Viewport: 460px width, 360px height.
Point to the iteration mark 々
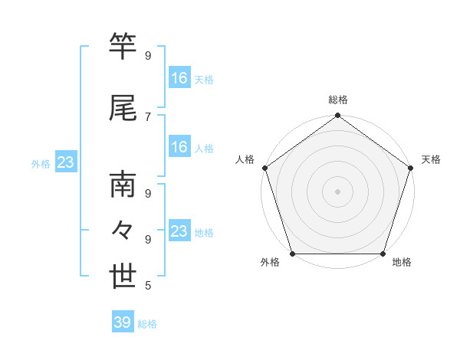coord(123,230)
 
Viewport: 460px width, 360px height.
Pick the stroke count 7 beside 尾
coord(148,116)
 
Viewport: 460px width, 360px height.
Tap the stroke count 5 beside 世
coord(148,286)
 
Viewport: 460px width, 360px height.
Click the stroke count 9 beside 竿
coord(148,56)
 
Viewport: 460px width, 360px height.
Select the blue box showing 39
coord(123,322)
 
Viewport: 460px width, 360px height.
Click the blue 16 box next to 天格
coord(179,78)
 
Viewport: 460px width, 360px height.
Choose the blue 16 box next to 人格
coord(179,147)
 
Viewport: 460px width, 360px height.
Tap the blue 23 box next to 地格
coord(179,231)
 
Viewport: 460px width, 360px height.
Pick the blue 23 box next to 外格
coord(65,162)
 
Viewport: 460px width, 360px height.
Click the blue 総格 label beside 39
coord(147,324)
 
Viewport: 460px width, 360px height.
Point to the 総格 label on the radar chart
coord(337,100)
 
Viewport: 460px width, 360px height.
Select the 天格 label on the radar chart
coord(431,159)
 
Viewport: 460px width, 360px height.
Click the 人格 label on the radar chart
coord(245,159)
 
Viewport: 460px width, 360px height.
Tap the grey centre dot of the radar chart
coord(337,191)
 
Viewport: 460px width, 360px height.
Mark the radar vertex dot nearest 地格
coord(383,253)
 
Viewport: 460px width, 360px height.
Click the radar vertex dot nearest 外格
coord(292,253)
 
